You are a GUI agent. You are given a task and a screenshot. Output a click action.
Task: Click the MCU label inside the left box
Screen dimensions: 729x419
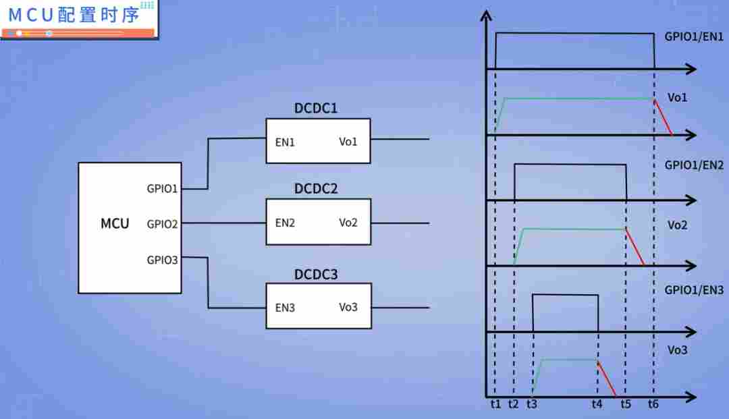pyautogui.click(x=115, y=224)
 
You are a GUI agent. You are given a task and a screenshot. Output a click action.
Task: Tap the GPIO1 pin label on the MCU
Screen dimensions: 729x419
pyautogui.click(x=162, y=189)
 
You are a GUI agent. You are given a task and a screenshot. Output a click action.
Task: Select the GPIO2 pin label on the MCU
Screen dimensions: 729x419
pyautogui.click(x=162, y=225)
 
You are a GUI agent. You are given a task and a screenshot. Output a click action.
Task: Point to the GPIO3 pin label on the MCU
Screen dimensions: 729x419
pyautogui.click(x=162, y=260)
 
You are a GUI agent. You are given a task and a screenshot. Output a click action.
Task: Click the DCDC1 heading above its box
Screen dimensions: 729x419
pyautogui.click(x=316, y=108)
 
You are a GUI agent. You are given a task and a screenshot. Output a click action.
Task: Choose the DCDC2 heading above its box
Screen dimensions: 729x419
pyautogui.click(x=316, y=189)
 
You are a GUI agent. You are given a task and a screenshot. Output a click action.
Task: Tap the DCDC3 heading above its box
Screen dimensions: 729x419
pyautogui.click(x=316, y=275)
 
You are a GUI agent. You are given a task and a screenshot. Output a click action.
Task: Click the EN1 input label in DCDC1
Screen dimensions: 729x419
pyautogui.click(x=285, y=142)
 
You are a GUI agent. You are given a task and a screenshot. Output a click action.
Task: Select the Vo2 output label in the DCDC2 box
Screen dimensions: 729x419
pyautogui.click(x=348, y=223)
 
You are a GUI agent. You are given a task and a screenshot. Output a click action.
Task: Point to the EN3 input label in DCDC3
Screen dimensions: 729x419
pyautogui.click(x=285, y=308)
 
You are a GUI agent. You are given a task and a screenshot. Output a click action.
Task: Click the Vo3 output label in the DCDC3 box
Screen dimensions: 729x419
pyautogui.click(x=348, y=307)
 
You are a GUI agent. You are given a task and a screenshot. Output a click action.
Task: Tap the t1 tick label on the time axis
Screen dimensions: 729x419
pyautogui.click(x=495, y=404)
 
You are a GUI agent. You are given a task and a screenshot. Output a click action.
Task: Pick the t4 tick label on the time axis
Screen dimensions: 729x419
pyautogui.click(x=597, y=404)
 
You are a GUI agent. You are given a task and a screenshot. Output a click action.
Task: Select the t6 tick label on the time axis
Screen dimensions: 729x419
pyautogui.click(x=653, y=404)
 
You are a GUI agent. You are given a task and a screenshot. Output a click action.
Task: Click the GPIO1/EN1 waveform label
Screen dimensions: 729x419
pyautogui.click(x=694, y=36)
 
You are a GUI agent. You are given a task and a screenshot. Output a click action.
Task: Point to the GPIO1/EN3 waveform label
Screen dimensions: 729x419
pyautogui.click(x=694, y=290)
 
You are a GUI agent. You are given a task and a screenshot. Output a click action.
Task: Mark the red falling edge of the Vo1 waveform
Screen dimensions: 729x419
pyautogui.click(x=663, y=117)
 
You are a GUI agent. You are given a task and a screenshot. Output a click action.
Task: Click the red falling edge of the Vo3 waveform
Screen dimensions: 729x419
pyautogui.click(x=607, y=379)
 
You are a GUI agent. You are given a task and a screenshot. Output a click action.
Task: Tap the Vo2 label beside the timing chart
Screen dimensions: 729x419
pyautogui.click(x=677, y=225)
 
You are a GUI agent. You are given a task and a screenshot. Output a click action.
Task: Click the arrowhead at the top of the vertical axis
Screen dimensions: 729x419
pyautogui.click(x=486, y=16)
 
